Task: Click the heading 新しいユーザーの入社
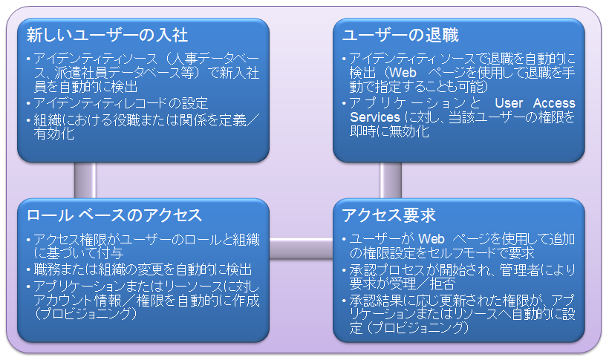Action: tap(107, 35)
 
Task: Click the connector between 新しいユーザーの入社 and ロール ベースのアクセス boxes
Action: tap(85, 180)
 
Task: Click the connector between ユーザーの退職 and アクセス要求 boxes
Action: tap(391, 180)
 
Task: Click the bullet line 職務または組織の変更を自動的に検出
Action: tap(141, 268)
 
